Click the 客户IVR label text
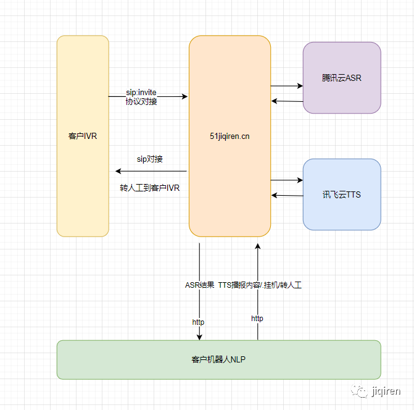(83, 136)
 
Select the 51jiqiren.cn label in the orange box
(230, 136)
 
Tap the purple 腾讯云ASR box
(342, 78)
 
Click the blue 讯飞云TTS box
(342, 195)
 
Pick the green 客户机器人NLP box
(218, 359)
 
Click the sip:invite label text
(141, 92)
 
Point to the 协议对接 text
(141, 101)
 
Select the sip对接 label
(150, 159)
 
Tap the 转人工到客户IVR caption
(150, 188)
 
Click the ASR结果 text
(199, 285)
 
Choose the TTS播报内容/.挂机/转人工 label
(260, 285)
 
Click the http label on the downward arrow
(198, 322)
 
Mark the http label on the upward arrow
(257, 318)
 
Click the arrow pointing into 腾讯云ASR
(287, 86)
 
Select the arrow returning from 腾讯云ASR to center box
(287, 101)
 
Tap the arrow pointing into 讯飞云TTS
(287, 180)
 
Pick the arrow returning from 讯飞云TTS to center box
(287, 195)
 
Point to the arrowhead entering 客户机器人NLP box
(199, 337)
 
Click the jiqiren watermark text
(387, 391)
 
